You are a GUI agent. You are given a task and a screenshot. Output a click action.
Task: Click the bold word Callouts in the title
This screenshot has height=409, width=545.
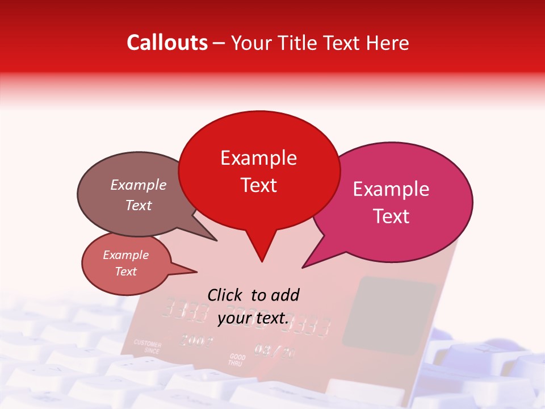tap(167, 43)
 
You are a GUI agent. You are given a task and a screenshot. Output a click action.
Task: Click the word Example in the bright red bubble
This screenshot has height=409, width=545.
tap(258, 158)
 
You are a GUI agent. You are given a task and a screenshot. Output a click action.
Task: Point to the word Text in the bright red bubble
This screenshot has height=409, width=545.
tap(258, 185)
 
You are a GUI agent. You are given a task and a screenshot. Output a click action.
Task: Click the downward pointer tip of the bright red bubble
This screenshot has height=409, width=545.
tap(261, 261)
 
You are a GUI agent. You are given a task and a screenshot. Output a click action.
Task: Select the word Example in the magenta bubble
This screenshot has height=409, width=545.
tap(391, 189)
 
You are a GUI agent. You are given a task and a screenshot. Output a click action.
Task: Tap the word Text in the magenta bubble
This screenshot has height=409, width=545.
tap(391, 216)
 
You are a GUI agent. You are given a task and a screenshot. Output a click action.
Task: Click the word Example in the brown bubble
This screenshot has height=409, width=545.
tap(138, 185)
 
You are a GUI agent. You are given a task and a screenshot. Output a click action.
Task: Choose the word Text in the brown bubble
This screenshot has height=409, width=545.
tap(138, 205)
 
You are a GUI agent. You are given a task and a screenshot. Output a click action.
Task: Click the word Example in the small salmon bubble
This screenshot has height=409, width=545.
tap(125, 255)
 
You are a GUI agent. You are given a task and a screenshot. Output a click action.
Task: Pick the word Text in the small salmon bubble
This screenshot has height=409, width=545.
tap(125, 272)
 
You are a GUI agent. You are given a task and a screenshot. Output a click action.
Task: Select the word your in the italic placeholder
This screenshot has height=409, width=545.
tap(234, 319)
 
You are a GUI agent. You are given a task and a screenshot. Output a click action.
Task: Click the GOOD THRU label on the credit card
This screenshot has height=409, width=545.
tap(237, 360)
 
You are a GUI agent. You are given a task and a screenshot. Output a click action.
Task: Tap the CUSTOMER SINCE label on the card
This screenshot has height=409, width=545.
tap(148, 347)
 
